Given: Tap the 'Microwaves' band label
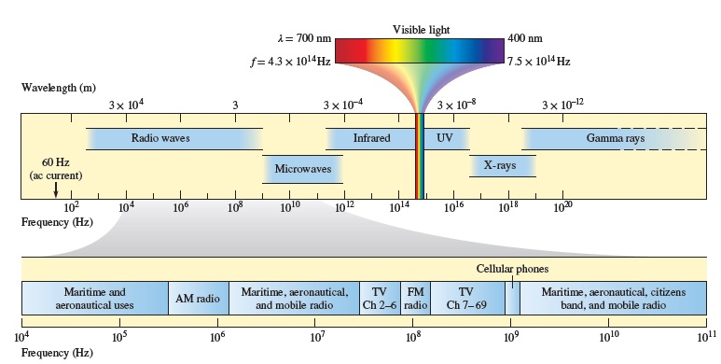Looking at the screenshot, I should [303, 168].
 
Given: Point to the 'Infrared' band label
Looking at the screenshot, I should [372, 138].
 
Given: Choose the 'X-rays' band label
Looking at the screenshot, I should [500, 163].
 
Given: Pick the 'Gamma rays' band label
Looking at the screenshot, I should [615, 138].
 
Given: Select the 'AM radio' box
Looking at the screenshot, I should [198, 299].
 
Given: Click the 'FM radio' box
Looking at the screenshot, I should [416, 299].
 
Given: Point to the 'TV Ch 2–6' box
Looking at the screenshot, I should [381, 299].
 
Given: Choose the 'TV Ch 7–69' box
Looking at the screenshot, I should [465, 299].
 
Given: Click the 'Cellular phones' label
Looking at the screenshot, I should [511, 268].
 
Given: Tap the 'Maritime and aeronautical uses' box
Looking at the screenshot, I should [95, 299].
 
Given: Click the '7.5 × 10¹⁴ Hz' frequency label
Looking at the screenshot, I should [538, 62].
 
